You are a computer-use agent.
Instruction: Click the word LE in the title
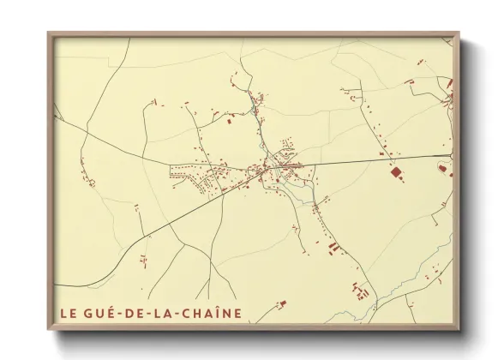click(x=67, y=313)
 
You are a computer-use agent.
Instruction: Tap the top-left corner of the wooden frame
click(x=49, y=33)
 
